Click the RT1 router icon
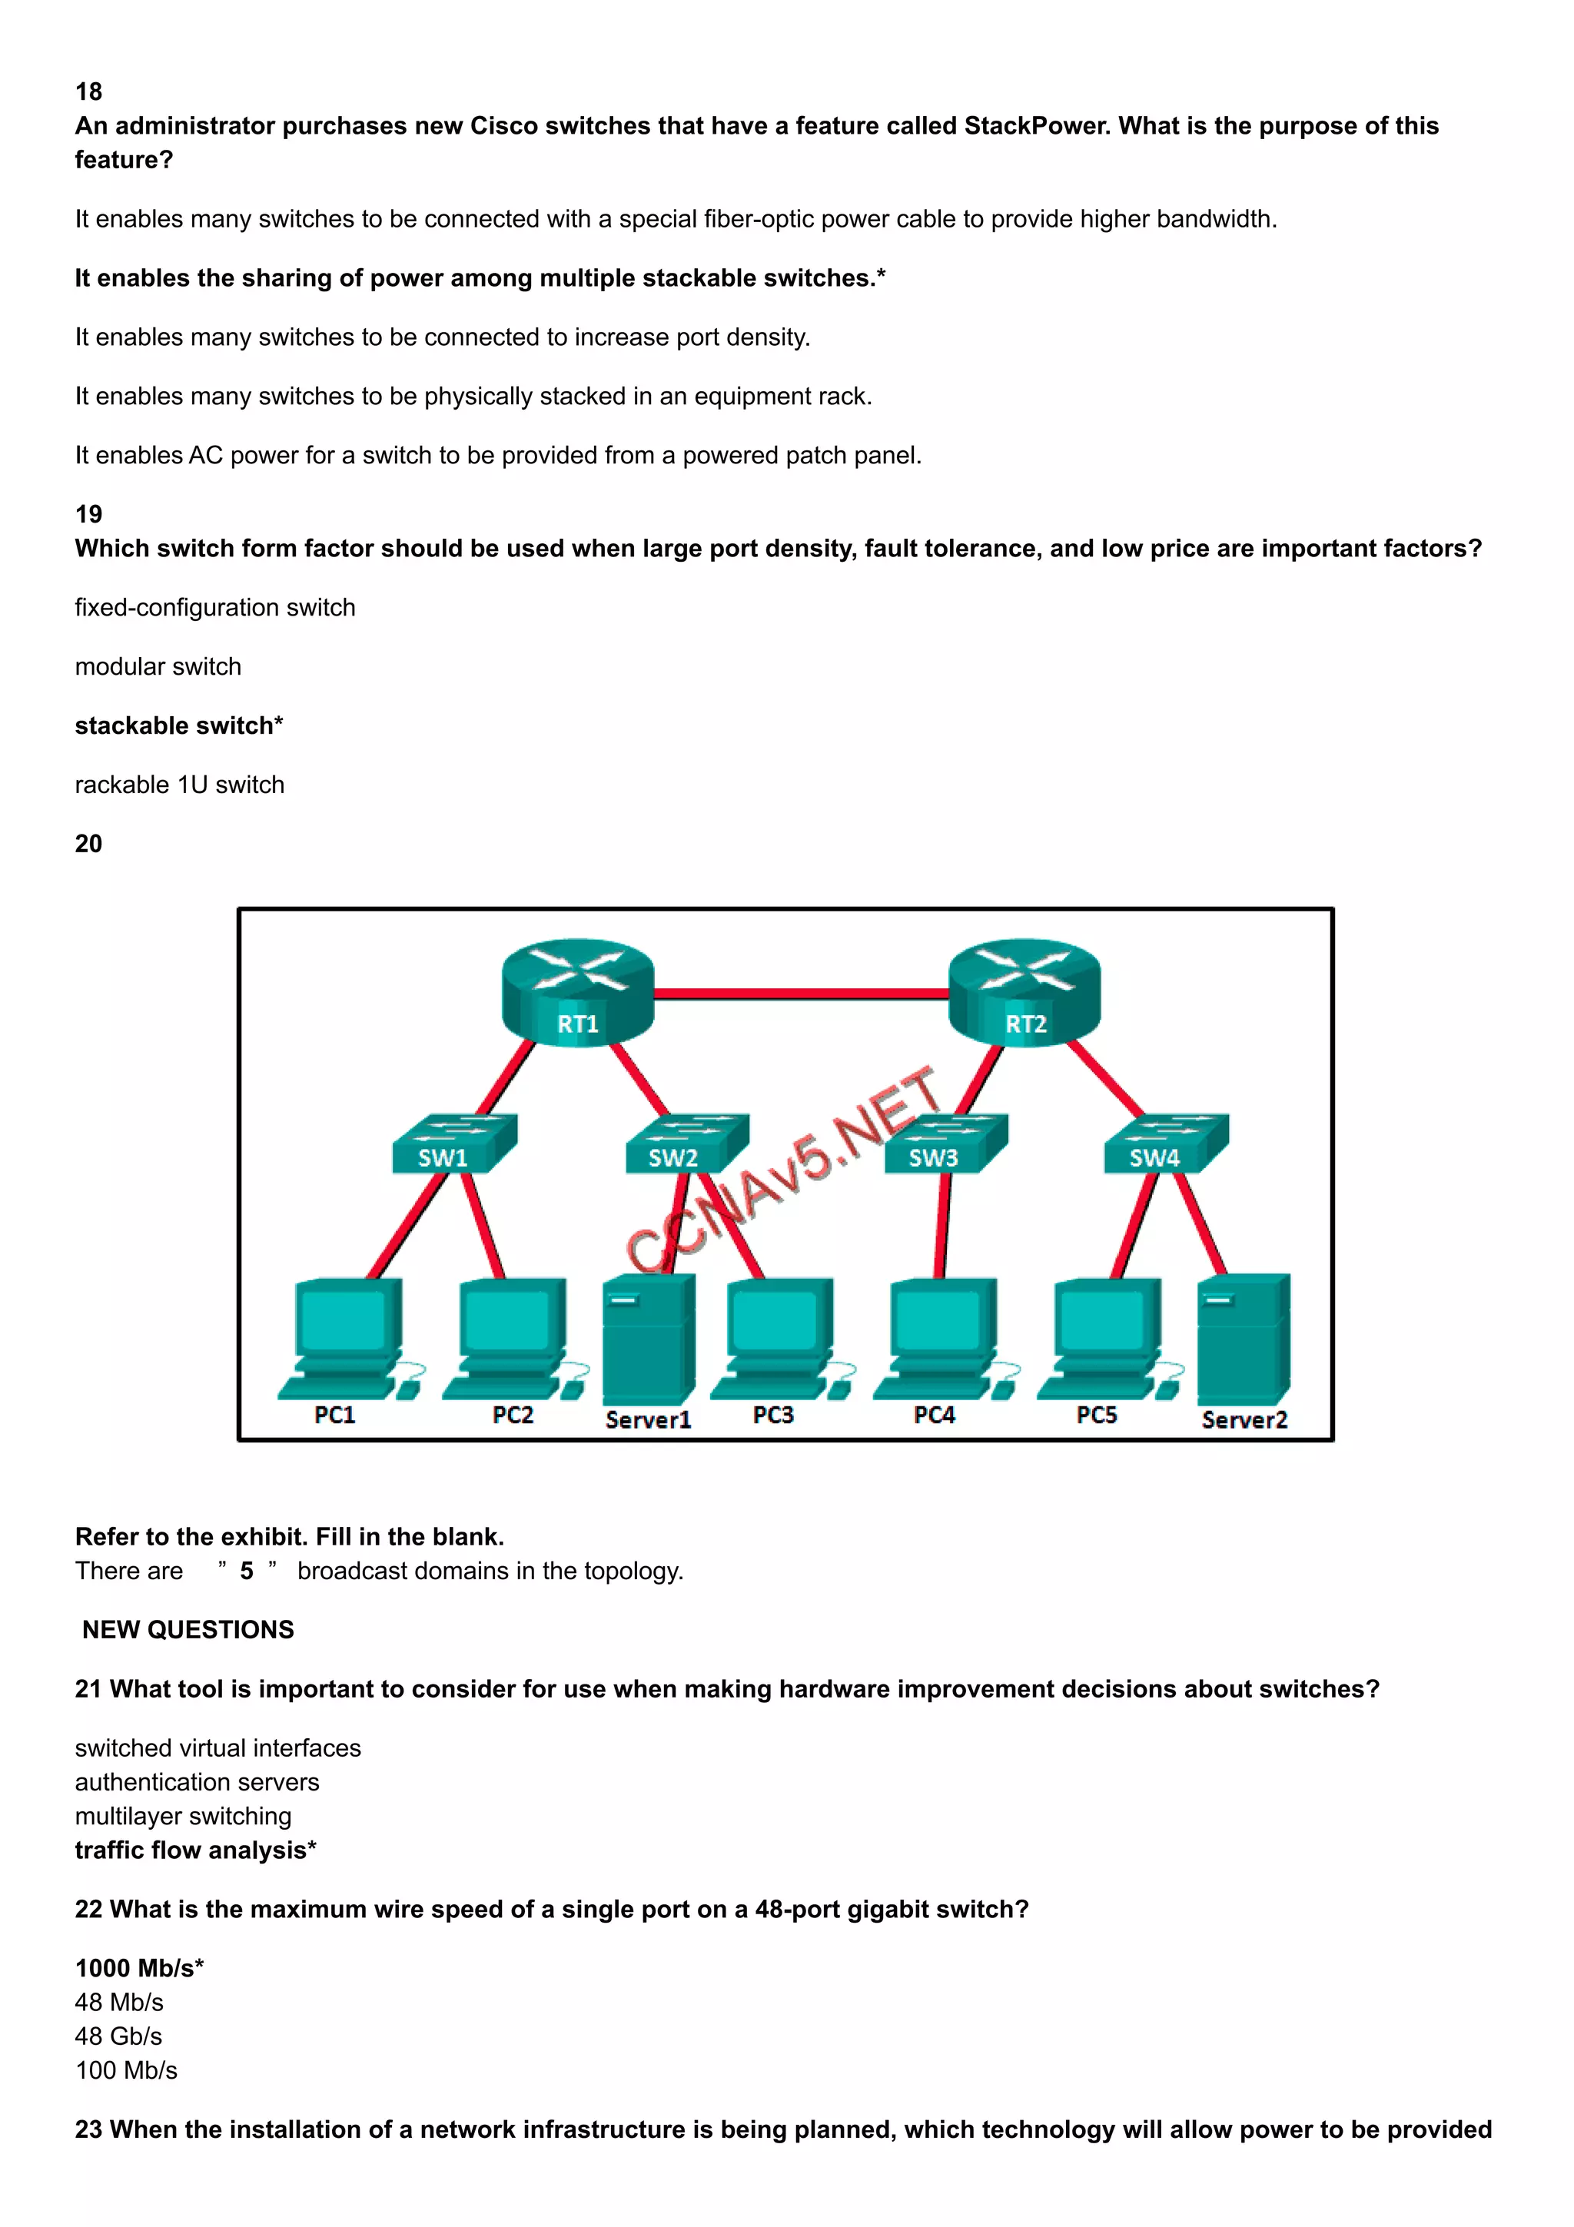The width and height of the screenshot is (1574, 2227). click(577, 991)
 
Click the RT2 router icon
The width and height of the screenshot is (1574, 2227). click(1024, 991)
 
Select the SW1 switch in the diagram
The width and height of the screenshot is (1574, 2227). click(453, 1144)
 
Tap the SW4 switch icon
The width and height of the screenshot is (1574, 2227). click(1164, 1144)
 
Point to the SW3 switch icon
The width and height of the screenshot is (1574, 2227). click(945, 1144)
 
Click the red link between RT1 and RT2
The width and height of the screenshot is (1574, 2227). click(801, 993)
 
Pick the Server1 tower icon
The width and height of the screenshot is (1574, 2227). click(648, 1339)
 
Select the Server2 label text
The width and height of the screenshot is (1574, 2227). click(1244, 1420)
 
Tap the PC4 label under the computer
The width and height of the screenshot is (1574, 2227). click(934, 1416)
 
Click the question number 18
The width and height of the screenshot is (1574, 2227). click(88, 91)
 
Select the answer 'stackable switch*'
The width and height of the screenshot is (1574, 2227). click(178, 725)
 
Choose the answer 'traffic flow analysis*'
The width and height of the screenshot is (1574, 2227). click(195, 1850)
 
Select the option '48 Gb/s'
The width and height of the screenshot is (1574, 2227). click(118, 2036)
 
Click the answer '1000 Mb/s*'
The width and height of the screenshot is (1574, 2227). click(138, 1968)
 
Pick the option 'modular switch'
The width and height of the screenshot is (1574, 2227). click(158, 666)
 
